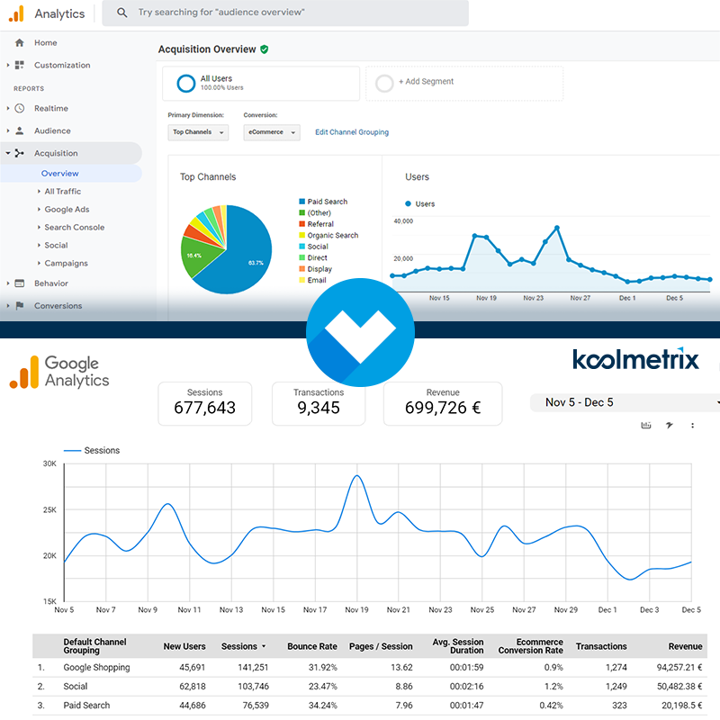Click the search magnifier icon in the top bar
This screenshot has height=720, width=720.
click(122, 13)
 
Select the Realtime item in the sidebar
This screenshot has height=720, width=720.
click(50, 108)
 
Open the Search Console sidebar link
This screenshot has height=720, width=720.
click(74, 228)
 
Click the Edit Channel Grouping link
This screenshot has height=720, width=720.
click(352, 132)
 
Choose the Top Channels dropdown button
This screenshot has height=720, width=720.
click(198, 132)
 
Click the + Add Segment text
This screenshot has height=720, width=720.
click(426, 82)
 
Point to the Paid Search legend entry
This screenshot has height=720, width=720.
click(327, 202)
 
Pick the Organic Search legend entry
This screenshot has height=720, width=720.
click(332, 236)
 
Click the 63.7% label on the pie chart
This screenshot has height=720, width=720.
click(256, 263)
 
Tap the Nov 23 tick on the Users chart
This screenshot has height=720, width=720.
click(533, 297)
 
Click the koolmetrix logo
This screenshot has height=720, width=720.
click(635, 360)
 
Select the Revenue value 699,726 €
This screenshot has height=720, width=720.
click(443, 408)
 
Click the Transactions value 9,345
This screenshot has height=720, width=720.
click(319, 408)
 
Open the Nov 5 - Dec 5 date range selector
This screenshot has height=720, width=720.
click(625, 402)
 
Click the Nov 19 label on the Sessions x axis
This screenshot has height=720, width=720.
click(356, 609)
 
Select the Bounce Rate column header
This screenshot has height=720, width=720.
click(312, 646)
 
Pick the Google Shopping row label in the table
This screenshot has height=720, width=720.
click(96, 668)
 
